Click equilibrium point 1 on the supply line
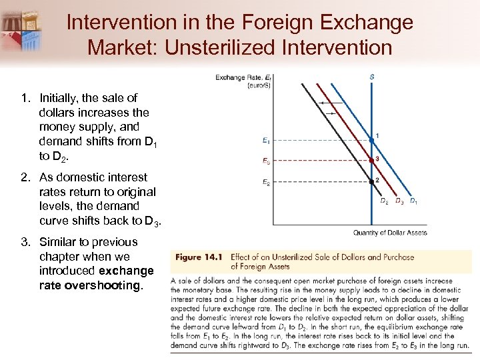pos(371,139)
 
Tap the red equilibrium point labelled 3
pos(371,160)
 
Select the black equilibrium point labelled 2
pos(371,181)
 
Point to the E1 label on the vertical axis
pos(266,140)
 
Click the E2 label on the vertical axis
pos(266,182)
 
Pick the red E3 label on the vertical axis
pos(266,161)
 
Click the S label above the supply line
pos(371,77)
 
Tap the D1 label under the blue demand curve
pos(413,201)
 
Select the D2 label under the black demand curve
pos(384,201)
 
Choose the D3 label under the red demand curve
pos(399,201)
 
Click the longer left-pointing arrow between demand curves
pos(326,103)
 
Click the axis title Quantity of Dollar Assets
pos(390,233)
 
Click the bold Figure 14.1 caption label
pos(198,257)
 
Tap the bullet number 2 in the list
pos(24,177)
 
